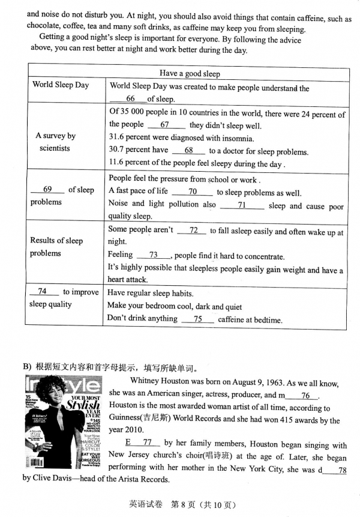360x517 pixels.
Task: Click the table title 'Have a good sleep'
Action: point(190,74)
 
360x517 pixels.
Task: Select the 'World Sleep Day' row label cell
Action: point(61,85)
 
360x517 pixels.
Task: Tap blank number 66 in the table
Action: point(131,99)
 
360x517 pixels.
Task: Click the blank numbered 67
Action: point(164,125)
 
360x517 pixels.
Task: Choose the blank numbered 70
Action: point(192,192)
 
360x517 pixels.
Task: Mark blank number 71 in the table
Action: point(242,205)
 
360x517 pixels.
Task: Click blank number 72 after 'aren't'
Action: point(193,230)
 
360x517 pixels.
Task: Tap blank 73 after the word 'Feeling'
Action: point(153,255)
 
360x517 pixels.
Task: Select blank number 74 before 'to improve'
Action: point(42,291)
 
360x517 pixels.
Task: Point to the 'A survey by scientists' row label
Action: point(55,142)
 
